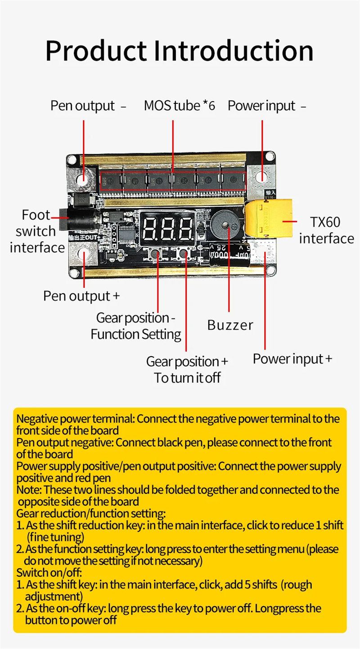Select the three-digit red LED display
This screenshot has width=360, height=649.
pyautogui.click(x=167, y=229)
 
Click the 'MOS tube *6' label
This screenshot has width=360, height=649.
pyautogui.click(x=179, y=106)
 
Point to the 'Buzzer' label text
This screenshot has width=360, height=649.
pyautogui.click(x=230, y=325)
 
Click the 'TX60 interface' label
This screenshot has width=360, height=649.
pyautogui.click(x=326, y=230)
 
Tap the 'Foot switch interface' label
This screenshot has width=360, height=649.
pyautogui.click(x=36, y=231)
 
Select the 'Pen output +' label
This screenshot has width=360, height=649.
pyautogui.click(x=81, y=296)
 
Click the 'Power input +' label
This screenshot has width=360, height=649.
pyautogui.click(x=292, y=359)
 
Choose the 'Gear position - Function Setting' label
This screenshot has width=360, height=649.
pyautogui.click(x=136, y=326)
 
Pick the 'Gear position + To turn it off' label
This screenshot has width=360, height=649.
pyautogui.click(x=187, y=369)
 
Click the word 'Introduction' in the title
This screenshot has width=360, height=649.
pyautogui.click(x=234, y=50)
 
